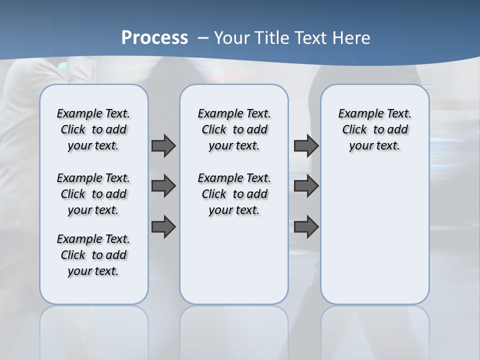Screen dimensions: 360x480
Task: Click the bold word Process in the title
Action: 154,37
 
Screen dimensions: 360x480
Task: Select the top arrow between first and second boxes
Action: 163,145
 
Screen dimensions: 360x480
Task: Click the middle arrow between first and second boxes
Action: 163,186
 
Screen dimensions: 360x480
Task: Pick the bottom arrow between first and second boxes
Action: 163,226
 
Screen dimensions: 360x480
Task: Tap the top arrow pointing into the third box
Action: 306,145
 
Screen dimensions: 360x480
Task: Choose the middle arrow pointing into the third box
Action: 306,186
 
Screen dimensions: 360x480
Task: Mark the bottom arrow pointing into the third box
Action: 306,226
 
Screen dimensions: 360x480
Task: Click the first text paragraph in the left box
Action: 93,129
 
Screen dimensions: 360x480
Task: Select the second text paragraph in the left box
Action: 93,194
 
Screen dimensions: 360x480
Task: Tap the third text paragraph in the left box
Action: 93,255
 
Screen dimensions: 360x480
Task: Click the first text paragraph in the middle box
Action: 234,129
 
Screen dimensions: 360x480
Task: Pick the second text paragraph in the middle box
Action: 234,194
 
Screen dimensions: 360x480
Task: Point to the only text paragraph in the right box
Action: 374,129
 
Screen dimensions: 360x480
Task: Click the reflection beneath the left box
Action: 94,330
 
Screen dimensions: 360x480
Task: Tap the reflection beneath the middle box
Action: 234,330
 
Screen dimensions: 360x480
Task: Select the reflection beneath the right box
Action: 374,330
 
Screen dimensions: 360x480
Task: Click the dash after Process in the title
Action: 203,38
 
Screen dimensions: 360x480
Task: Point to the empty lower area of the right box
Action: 374,240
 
